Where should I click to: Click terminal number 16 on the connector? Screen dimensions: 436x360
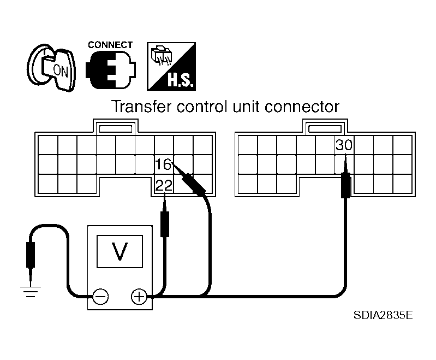point(163,164)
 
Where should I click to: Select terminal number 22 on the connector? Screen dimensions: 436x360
point(164,185)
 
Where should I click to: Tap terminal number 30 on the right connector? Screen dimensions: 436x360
point(344,145)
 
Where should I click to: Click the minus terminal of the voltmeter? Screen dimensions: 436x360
point(100,297)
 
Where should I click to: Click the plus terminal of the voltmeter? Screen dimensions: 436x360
point(139,297)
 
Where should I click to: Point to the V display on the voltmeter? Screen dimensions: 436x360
point(120,251)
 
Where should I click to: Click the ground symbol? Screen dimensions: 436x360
point(31,292)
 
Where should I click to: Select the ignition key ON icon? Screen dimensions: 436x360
point(52,68)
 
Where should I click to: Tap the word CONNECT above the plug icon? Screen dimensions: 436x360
point(110,45)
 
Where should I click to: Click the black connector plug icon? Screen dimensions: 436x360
point(111,70)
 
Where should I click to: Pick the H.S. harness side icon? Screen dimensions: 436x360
point(171,67)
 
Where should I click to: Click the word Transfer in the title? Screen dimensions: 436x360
point(141,107)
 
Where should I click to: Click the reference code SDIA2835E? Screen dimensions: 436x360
point(383,315)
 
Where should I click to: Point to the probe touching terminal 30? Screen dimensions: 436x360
point(345,177)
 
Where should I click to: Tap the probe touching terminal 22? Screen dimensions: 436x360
point(165,216)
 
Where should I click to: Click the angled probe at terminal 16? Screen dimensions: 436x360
point(190,179)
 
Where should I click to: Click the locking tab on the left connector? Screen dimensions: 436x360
point(116,128)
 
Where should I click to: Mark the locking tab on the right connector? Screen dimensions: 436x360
point(325,128)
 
